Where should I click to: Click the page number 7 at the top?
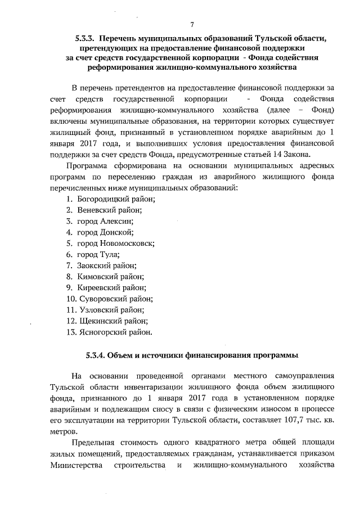[x=192, y=25]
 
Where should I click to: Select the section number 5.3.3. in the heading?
[x=87, y=38]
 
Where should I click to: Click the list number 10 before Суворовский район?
[x=71, y=299]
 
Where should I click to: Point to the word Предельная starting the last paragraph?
[x=94, y=443]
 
